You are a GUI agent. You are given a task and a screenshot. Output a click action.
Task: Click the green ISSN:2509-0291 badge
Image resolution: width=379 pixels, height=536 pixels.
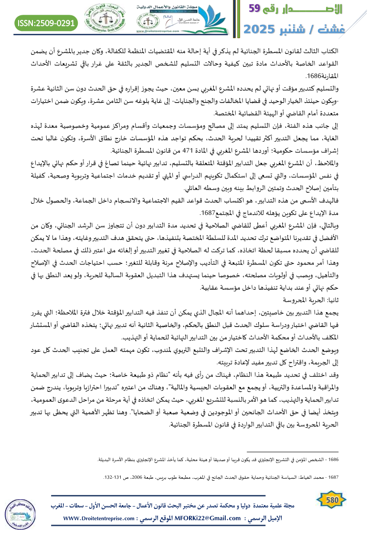tap(47, 22)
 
